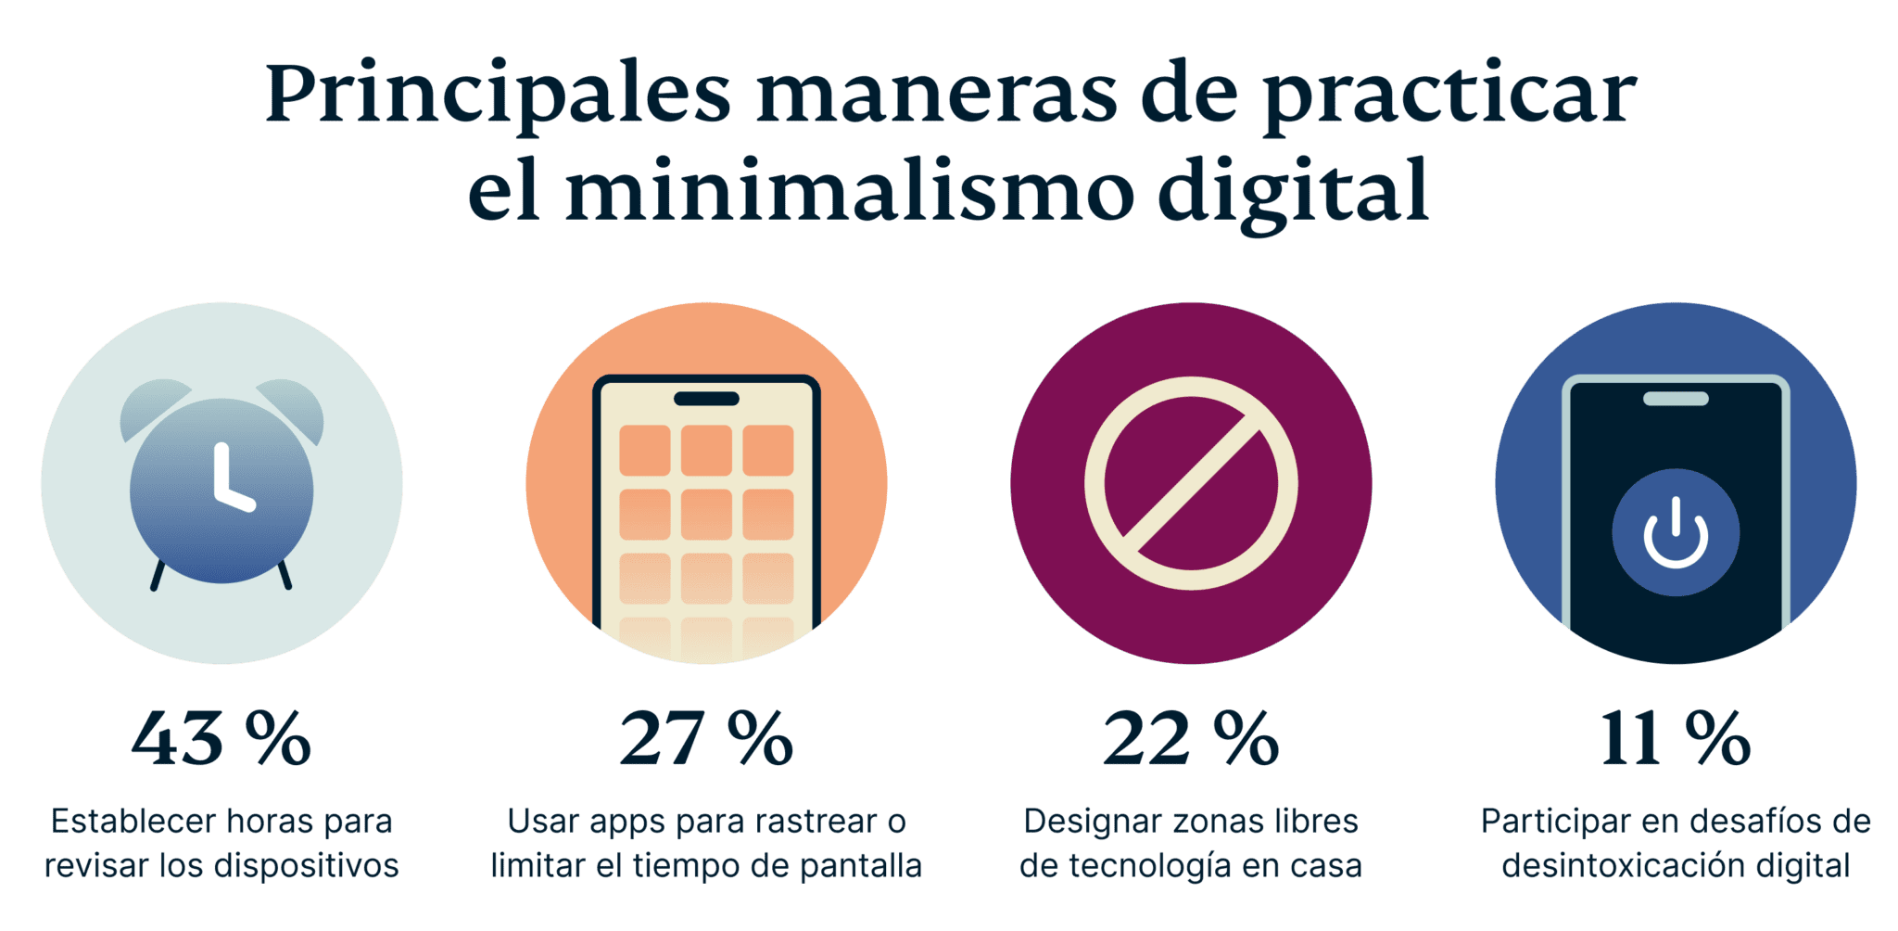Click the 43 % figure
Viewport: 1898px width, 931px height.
tap(221, 739)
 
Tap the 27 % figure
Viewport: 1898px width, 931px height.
tap(706, 739)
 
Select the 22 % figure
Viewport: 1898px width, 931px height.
tap(1191, 739)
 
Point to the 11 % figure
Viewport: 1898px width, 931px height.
tap(1676, 739)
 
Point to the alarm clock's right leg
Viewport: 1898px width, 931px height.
tap(285, 576)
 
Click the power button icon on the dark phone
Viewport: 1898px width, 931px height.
tap(1676, 532)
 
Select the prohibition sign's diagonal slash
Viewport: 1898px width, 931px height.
tap(1191, 483)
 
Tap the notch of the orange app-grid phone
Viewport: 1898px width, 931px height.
tap(706, 399)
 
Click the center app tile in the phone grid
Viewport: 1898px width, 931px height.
tap(706, 514)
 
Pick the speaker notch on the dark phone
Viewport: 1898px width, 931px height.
tap(1676, 399)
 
